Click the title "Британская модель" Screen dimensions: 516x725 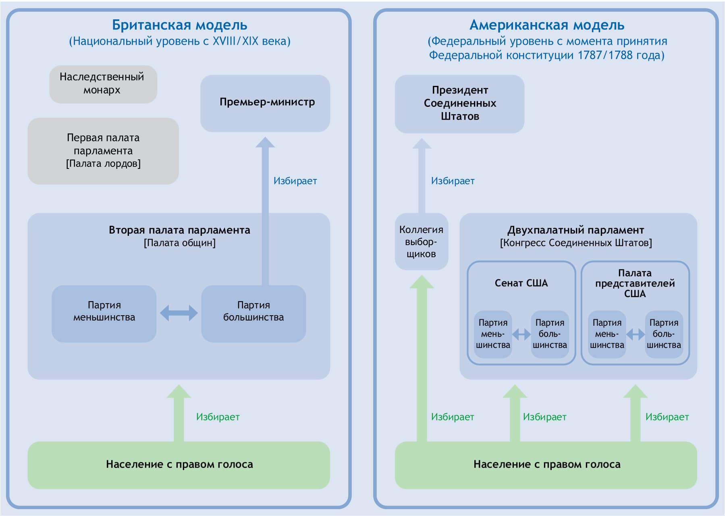pyautogui.click(x=179, y=25)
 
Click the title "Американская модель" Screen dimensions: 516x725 pyautogui.click(x=546, y=25)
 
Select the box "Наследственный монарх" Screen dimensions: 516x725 pyautogui.click(x=103, y=84)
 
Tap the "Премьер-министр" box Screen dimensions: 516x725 pyautogui.click(x=265, y=103)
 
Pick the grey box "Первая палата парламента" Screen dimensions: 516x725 pyautogui.click(x=103, y=151)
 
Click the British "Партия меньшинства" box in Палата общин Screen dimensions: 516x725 pyautogui.click(x=104, y=313)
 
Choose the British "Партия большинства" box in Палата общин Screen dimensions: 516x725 pyautogui.click(x=253, y=313)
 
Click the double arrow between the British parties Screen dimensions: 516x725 pyautogui.click(x=179, y=313)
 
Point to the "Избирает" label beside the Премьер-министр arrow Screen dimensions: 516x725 pyautogui.click(x=295, y=181)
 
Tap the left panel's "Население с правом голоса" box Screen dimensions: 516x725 pyautogui.click(x=179, y=465)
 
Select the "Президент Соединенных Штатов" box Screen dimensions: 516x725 pyautogui.click(x=459, y=104)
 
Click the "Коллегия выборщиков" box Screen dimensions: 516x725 pyautogui.click(x=421, y=241)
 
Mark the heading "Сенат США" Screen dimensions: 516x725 pyautogui.click(x=521, y=283)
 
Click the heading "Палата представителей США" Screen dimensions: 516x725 pyautogui.click(x=635, y=283)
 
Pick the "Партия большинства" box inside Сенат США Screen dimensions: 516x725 pyautogui.click(x=550, y=334)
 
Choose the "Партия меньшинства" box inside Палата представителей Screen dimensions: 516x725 pyautogui.click(x=607, y=334)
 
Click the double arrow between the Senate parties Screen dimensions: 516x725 pyautogui.click(x=521, y=334)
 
